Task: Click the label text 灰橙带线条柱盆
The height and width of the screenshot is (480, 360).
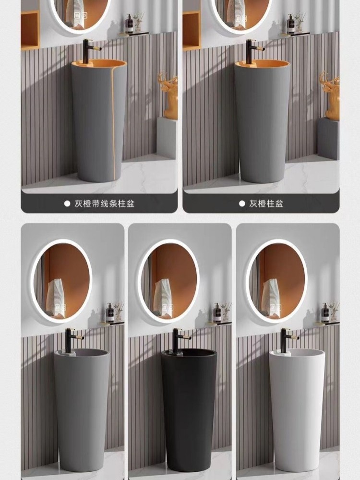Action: point(104,203)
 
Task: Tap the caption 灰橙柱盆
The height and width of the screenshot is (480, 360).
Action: point(266,203)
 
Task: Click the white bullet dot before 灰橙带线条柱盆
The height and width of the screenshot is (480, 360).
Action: point(67,203)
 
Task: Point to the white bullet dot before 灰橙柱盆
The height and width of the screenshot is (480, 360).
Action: point(242,203)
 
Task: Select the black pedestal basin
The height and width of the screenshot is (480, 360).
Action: point(189,408)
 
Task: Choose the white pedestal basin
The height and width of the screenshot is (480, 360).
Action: point(297,408)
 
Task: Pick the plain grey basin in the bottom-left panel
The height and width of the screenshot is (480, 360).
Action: point(81,408)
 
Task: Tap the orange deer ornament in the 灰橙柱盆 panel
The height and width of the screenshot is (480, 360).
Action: point(331,96)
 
